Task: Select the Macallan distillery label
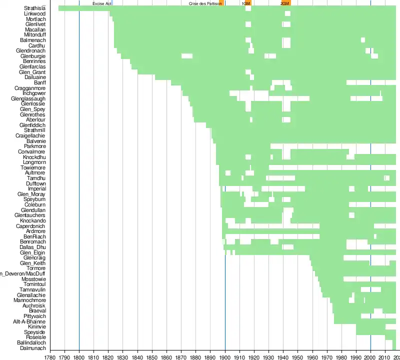click(35, 29)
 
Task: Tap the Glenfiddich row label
click(32, 125)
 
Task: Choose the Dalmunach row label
click(33, 348)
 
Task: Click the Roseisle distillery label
click(36, 337)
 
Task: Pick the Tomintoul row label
click(34, 284)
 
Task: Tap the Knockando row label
click(33, 220)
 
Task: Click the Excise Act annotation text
click(101, 3)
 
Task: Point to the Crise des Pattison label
click(204, 3)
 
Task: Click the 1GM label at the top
click(245, 3)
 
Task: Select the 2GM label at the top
click(284, 3)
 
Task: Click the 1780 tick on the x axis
click(50, 356)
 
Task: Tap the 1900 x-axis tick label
click(225, 356)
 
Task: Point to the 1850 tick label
click(152, 356)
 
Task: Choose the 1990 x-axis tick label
click(356, 356)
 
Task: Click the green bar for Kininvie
click(370, 327)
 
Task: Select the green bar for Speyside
click(375, 332)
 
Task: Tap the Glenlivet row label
click(35, 24)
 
